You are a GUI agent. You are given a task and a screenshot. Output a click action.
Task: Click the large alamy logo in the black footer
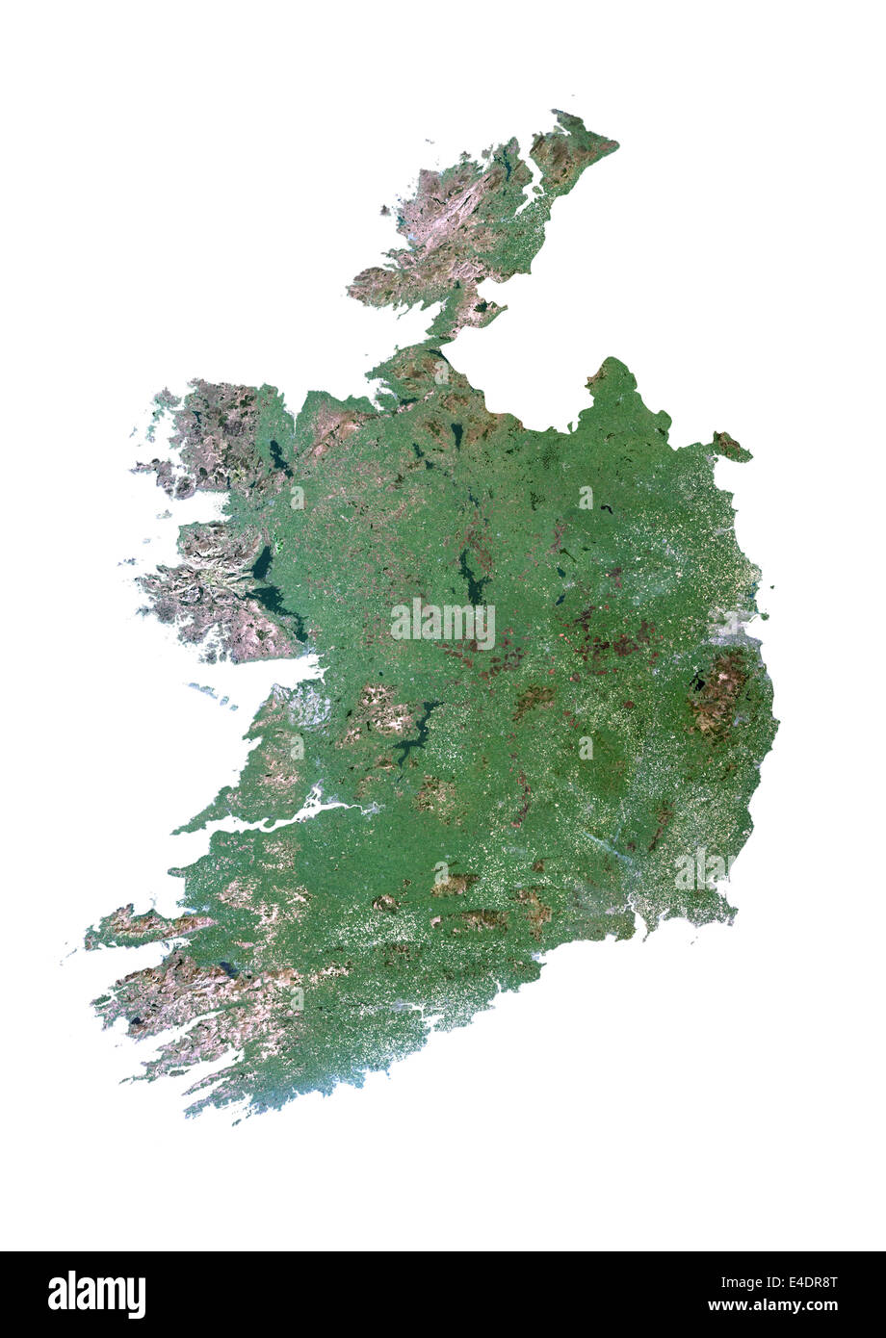click(96, 1295)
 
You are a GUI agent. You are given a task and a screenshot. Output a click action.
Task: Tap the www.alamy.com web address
click(772, 1305)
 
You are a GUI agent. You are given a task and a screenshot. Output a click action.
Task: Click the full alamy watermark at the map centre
click(443, 624)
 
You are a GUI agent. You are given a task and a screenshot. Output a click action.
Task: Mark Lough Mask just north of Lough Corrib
click(261, 562)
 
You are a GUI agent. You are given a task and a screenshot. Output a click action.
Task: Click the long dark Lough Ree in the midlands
click(471, 578)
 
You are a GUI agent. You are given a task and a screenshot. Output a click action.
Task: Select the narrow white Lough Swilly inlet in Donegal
click(531, 183)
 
